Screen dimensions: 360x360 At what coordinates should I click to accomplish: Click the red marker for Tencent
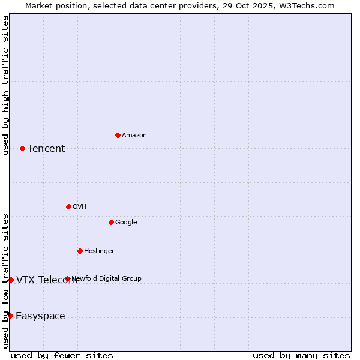[22, 148]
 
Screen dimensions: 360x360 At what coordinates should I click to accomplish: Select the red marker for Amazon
[118, 135]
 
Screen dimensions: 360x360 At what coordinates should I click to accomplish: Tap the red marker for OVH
[68, 206]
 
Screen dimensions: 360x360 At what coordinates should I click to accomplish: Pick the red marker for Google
[111, 222]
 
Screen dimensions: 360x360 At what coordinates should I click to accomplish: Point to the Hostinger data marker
[80, 251]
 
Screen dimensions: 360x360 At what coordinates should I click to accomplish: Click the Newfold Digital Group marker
[67, 278]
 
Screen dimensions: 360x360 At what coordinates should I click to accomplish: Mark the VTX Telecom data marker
[11, 280]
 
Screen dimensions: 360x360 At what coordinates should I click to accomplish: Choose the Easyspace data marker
[10, 316]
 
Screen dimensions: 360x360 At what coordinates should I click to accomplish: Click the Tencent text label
[46, 149]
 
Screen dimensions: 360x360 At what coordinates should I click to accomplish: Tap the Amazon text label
[134, 136]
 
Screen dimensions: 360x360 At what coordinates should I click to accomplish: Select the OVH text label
[80, 207]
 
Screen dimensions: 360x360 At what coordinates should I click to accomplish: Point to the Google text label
[126, 223]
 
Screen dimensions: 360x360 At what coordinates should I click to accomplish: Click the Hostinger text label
[99, 251]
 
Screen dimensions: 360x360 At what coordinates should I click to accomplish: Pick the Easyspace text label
[40, 316]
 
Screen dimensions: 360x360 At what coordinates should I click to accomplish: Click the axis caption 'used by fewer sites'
[62, 355]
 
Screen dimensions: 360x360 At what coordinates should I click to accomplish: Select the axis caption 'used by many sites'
[301, 355]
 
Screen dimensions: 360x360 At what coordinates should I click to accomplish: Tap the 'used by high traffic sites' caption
[6, 85]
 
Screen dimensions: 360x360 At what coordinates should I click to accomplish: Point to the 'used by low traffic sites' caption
[6, 281]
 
